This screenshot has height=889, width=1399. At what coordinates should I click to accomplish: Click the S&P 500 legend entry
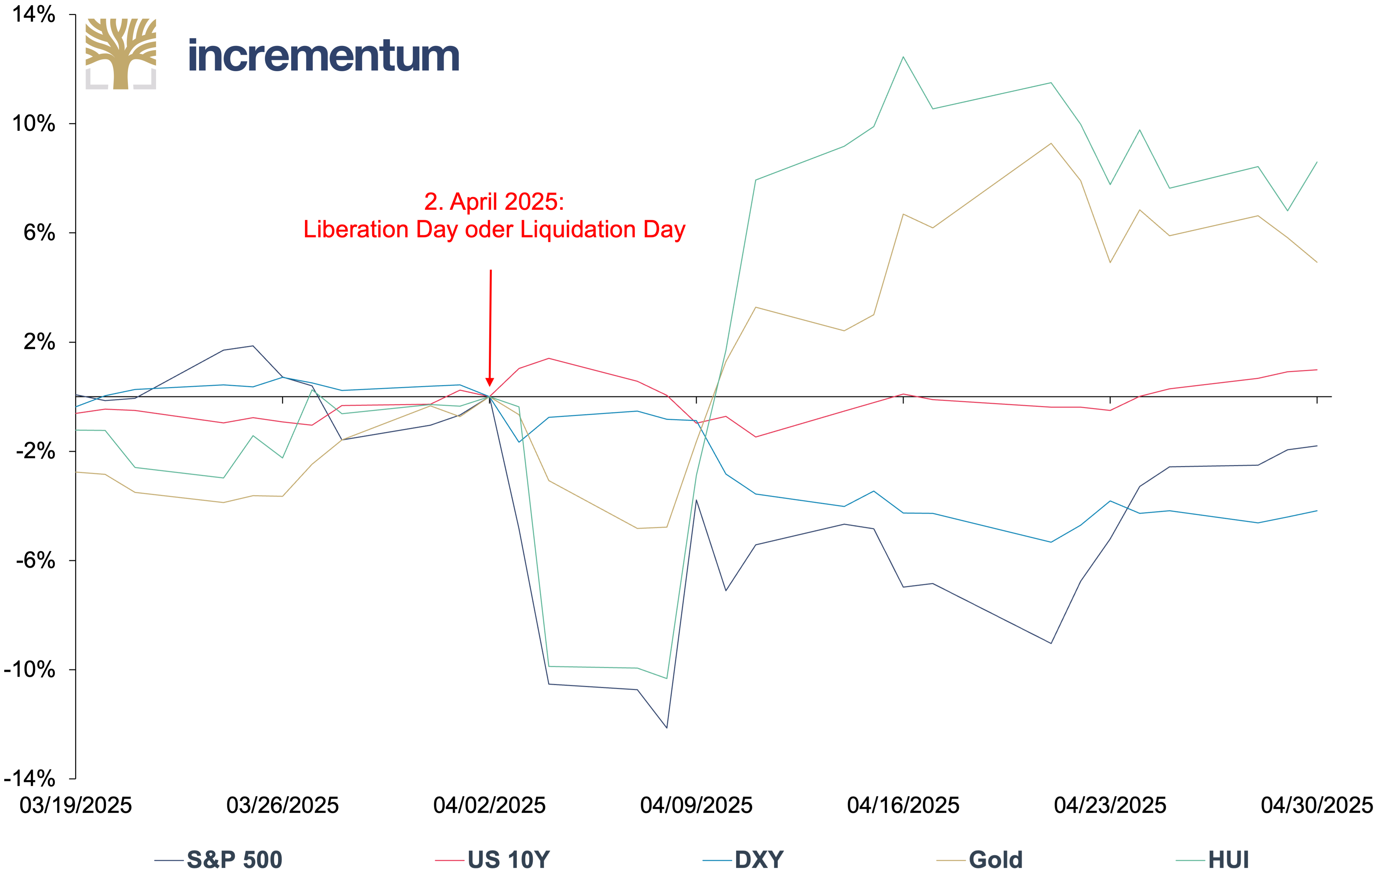tap(218, 860)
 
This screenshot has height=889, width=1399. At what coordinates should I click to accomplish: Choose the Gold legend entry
tap(980, 860)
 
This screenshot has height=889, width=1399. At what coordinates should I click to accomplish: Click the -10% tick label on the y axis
tap(30, 669)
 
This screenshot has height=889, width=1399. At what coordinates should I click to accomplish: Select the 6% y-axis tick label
tap(39, 233)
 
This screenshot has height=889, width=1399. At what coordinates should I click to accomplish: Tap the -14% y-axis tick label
tap(30, 779)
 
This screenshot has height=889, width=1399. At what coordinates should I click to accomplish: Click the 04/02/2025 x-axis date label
tap(489, 805)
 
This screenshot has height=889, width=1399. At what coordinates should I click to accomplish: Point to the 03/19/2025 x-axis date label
tap(75, 805)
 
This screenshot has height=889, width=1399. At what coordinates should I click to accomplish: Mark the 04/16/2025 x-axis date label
tap(903, 805)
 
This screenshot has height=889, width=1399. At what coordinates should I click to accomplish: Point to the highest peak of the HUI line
tap(903, 57)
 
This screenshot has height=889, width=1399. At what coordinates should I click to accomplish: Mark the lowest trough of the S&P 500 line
tap(666, 727)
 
